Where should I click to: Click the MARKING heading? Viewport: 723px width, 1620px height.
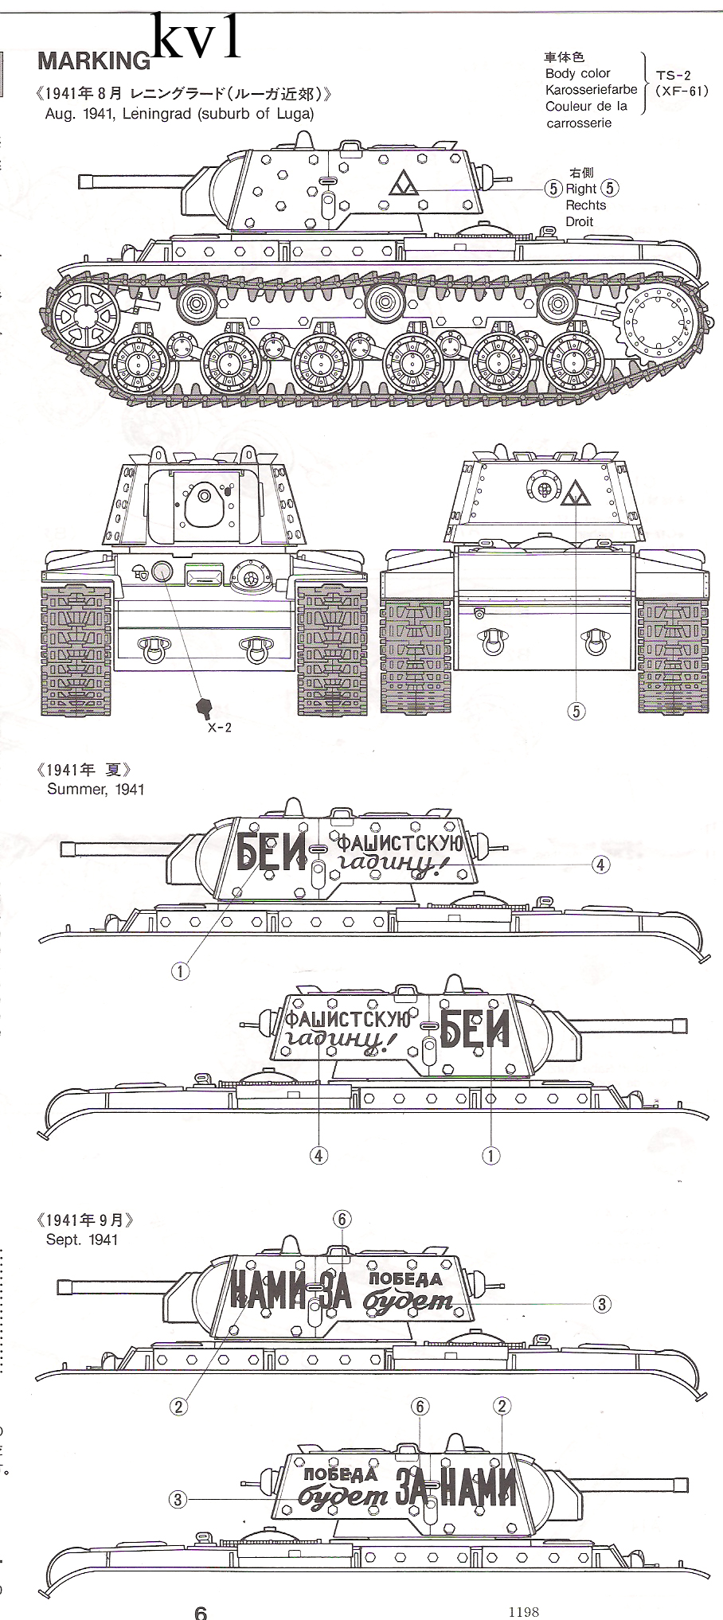[x=93, y=61]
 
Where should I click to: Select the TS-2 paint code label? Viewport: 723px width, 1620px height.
[x=673, y=75]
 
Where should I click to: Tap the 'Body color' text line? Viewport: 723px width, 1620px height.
[x=577, y=73]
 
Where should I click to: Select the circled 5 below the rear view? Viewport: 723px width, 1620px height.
[x=576, y=711]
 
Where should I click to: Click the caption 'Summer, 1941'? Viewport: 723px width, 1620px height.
[x=96, y=789]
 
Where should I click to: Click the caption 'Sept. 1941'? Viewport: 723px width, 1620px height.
[x=82, y=1239]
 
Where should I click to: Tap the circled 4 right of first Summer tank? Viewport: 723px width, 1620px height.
[x=601, y=865]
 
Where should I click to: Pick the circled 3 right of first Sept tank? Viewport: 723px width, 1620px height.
[x=602, y=1304]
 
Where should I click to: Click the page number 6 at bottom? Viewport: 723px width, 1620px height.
[x=201, y=1611]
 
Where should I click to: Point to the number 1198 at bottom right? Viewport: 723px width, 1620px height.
[x=524, y=1610]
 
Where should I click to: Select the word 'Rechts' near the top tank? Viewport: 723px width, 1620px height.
[x=585, y=205]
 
